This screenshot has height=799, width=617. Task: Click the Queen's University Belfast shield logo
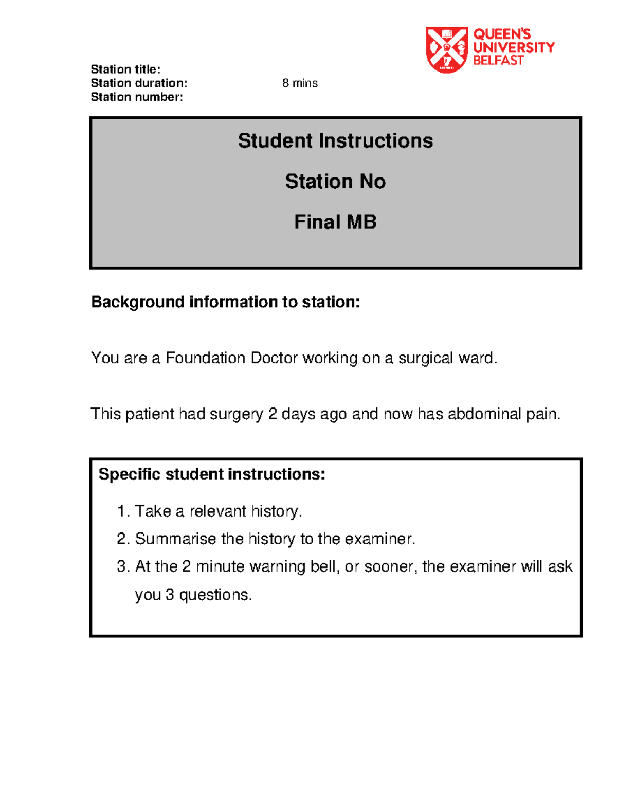click(x=446, y=49)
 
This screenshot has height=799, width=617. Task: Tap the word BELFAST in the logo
click(x=498, y=61)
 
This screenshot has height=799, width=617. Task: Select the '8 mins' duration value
click(x=300, y=83)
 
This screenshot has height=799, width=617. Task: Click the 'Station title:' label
click(x=125, y=69)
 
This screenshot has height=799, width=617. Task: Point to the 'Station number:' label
click(x=137, y=97)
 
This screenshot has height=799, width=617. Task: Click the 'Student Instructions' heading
click(x=335, y=141)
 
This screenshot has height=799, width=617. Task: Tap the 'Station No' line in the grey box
click(x=335, y=182)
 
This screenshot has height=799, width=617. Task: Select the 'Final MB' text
click(x=335, y=222)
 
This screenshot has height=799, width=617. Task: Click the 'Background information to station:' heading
click(x=226, y=302)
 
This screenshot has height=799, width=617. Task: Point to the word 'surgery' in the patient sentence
click(x=238, y=415)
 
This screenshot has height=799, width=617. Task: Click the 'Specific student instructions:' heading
click(x=212, y=474)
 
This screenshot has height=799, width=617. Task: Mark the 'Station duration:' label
click(x=139, y=83)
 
